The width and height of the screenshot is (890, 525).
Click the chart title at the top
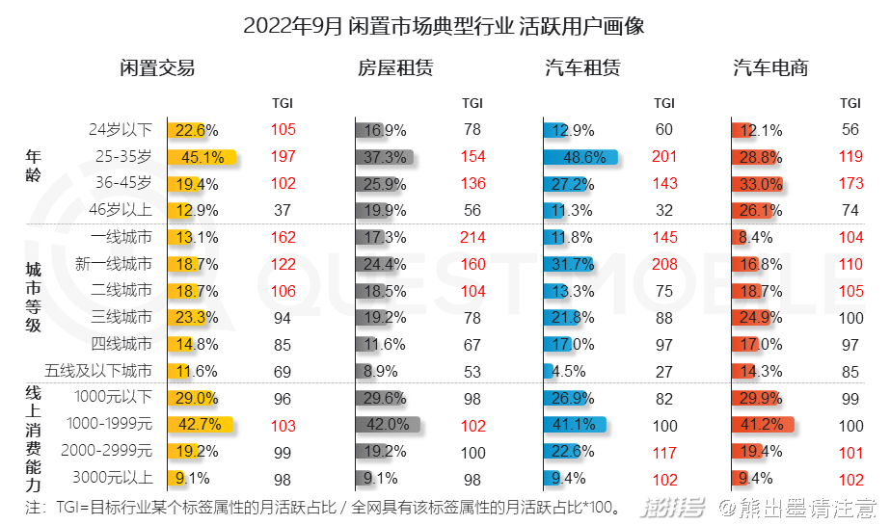444,26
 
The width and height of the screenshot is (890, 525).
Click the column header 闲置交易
157,68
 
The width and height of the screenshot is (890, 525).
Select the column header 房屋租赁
394,68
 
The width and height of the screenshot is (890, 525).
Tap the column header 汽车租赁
582,68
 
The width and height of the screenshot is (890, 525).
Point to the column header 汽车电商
770,68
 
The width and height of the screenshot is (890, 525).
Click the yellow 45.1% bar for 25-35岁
201,157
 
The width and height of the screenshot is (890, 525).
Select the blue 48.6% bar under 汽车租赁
580,157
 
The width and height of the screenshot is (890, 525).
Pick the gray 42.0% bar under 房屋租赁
388,424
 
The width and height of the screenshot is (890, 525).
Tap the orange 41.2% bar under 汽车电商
761,424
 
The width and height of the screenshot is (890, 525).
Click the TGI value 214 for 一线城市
472,237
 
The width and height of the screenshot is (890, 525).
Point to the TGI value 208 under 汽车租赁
664,263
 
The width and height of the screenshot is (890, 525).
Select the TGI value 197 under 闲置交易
283,157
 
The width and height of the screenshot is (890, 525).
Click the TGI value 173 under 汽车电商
850,183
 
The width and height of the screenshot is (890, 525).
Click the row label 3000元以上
113,477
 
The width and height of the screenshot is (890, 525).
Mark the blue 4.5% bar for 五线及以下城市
548,371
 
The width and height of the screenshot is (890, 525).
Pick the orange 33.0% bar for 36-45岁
755,184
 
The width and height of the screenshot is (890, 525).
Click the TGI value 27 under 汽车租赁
664,371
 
